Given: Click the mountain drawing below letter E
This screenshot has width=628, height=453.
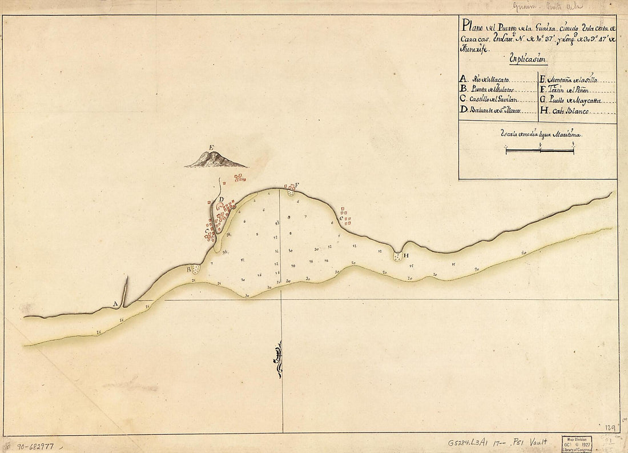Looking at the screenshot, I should click(216, 161).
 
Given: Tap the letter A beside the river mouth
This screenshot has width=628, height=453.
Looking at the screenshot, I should click(116, 304).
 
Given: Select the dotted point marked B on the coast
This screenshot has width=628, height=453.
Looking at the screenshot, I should click(196, 268).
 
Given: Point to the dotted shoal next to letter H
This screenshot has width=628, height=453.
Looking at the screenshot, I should click(397, 256).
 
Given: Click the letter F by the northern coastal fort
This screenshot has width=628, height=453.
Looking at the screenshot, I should click(297, 184).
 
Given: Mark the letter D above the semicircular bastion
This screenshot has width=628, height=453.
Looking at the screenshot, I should click(221, 199).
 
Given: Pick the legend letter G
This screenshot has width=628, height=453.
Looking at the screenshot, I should click(543, 100).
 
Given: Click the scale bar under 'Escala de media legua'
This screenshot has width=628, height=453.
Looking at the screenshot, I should click(540, 151).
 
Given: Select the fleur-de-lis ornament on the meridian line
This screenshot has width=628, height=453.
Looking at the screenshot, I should click(279, 359).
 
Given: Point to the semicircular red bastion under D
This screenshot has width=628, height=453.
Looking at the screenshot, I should click(220, 206).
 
